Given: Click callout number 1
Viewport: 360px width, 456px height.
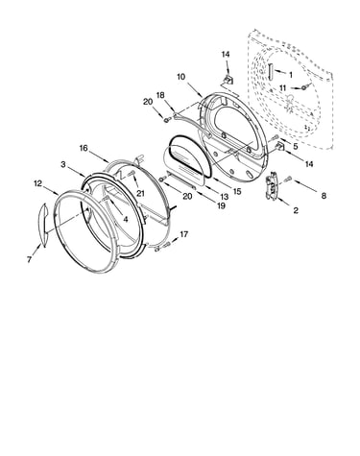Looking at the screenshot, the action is pos(291,75).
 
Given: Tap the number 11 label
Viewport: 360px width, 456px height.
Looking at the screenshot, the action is pos(283,87).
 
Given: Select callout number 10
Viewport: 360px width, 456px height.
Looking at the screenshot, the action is pos(180,77).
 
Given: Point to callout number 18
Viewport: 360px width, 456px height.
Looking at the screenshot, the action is pos(160,95).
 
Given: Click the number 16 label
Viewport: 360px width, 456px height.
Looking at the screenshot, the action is pos(84,148).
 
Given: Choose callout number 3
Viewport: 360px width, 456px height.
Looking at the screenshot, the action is pos(63,164).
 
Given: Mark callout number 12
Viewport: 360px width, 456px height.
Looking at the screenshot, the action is pos(37,183).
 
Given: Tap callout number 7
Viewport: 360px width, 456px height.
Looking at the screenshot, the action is pos(29,259).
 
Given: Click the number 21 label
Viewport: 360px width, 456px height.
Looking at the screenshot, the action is pos(140,193).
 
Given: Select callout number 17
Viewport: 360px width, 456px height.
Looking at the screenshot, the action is pos(183,234).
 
